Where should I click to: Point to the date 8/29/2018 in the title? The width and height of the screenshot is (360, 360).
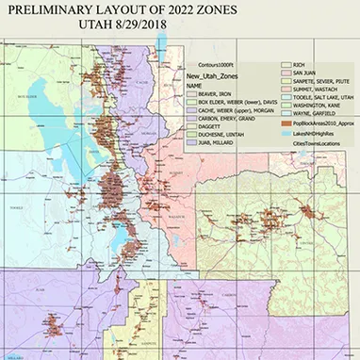point(201,27)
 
